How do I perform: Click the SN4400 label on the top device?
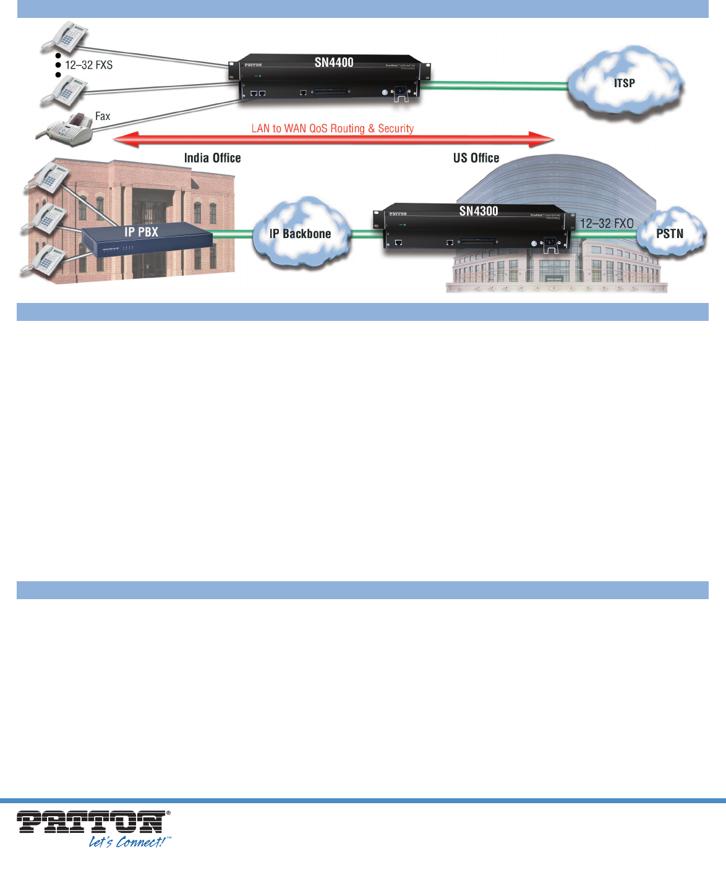coord(334,62)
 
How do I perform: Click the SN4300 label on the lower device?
coord(479,211)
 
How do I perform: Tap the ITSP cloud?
coord(625,83)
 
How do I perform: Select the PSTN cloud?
coord(670,234)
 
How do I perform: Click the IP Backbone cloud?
coord(301,234)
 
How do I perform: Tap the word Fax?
coord(103,116)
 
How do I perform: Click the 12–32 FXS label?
coord(88,65)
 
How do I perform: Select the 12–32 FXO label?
coord(607,223)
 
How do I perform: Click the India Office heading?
coord(212,158)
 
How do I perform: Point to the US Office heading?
coord(476,158)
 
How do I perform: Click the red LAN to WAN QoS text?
coord(333,129)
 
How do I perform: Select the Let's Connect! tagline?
coord(128,842)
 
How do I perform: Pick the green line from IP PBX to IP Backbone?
coord(233,234)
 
